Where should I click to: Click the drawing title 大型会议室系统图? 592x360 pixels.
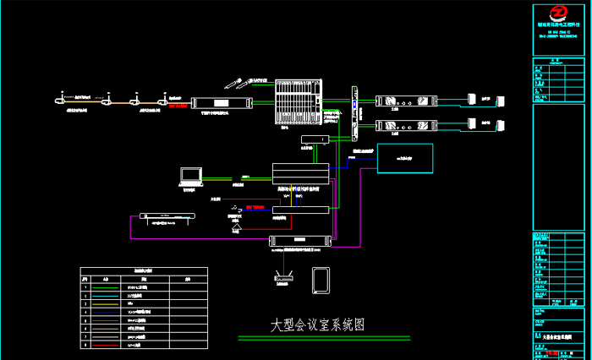(x=317, y=325)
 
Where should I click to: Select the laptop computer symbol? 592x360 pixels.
(x=191, y=176)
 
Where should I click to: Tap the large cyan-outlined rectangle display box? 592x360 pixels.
(x=403, y=157)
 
